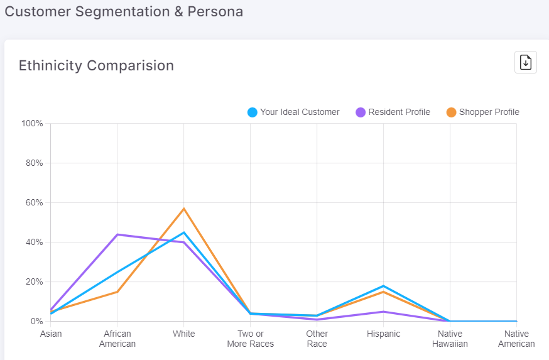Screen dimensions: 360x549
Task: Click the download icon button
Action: coord(526,62)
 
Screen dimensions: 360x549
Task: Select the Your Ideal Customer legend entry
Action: coord(293,112)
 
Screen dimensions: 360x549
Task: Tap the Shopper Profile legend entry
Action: coord(482,112)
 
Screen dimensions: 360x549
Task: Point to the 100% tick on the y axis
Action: coord(32,124)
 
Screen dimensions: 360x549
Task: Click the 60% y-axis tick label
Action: coord(32,203)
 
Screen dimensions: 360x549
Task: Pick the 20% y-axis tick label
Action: coord(32,282)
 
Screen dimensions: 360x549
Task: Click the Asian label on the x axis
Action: coord(51,334)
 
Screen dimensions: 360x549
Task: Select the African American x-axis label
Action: coord(117,339)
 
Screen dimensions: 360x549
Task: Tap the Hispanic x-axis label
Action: coord(383,334)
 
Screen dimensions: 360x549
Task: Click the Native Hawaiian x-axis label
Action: coord(450,339)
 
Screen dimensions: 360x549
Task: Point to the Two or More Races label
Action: coord(251,339)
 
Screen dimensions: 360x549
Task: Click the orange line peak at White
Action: coord(184,209)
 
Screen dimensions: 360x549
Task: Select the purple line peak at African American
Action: coord(117,234)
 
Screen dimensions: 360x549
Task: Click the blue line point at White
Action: coord(184,232)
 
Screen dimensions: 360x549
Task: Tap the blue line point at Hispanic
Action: coord(383,286)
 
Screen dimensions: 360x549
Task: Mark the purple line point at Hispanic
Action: coord(383,312)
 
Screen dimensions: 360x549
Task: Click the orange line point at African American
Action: coord(117,292)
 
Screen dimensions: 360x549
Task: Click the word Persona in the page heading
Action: coord(215,11)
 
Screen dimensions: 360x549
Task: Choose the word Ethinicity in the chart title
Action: coord(50,65)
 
